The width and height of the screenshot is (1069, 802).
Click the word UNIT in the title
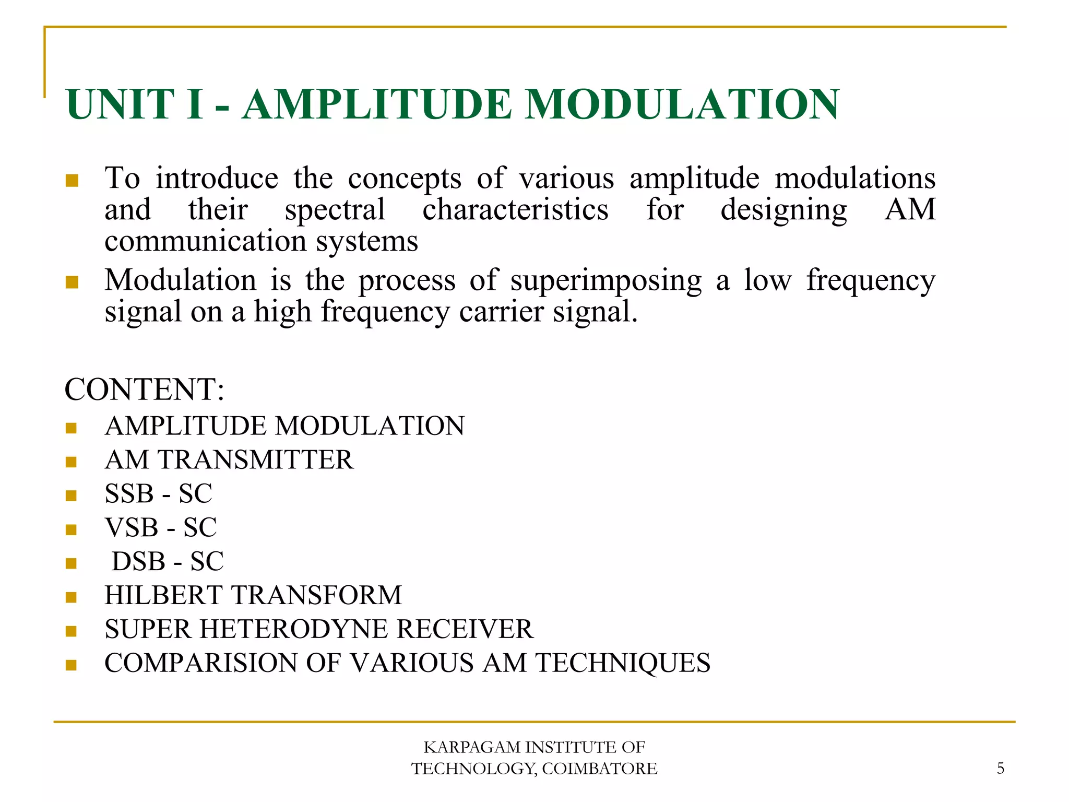pos(120,104)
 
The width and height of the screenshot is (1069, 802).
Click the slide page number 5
pos(1000,768)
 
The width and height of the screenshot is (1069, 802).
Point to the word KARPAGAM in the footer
pos(471,747)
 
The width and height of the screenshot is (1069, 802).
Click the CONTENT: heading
pos(144,390)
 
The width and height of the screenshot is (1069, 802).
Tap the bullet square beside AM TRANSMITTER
pos(72,462)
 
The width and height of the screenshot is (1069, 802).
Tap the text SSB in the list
pos(129,494)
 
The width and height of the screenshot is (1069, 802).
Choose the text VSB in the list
pos(132,527)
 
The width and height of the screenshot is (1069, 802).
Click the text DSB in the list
pos(138,561)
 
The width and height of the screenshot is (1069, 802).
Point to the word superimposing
pos(606,281)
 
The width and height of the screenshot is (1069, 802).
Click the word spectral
pos(335,210)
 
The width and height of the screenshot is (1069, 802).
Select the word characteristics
pos(515,210)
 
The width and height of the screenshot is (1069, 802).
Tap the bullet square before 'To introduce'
pos(72,181)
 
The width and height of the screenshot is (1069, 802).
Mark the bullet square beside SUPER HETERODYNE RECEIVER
pos(72,631)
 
